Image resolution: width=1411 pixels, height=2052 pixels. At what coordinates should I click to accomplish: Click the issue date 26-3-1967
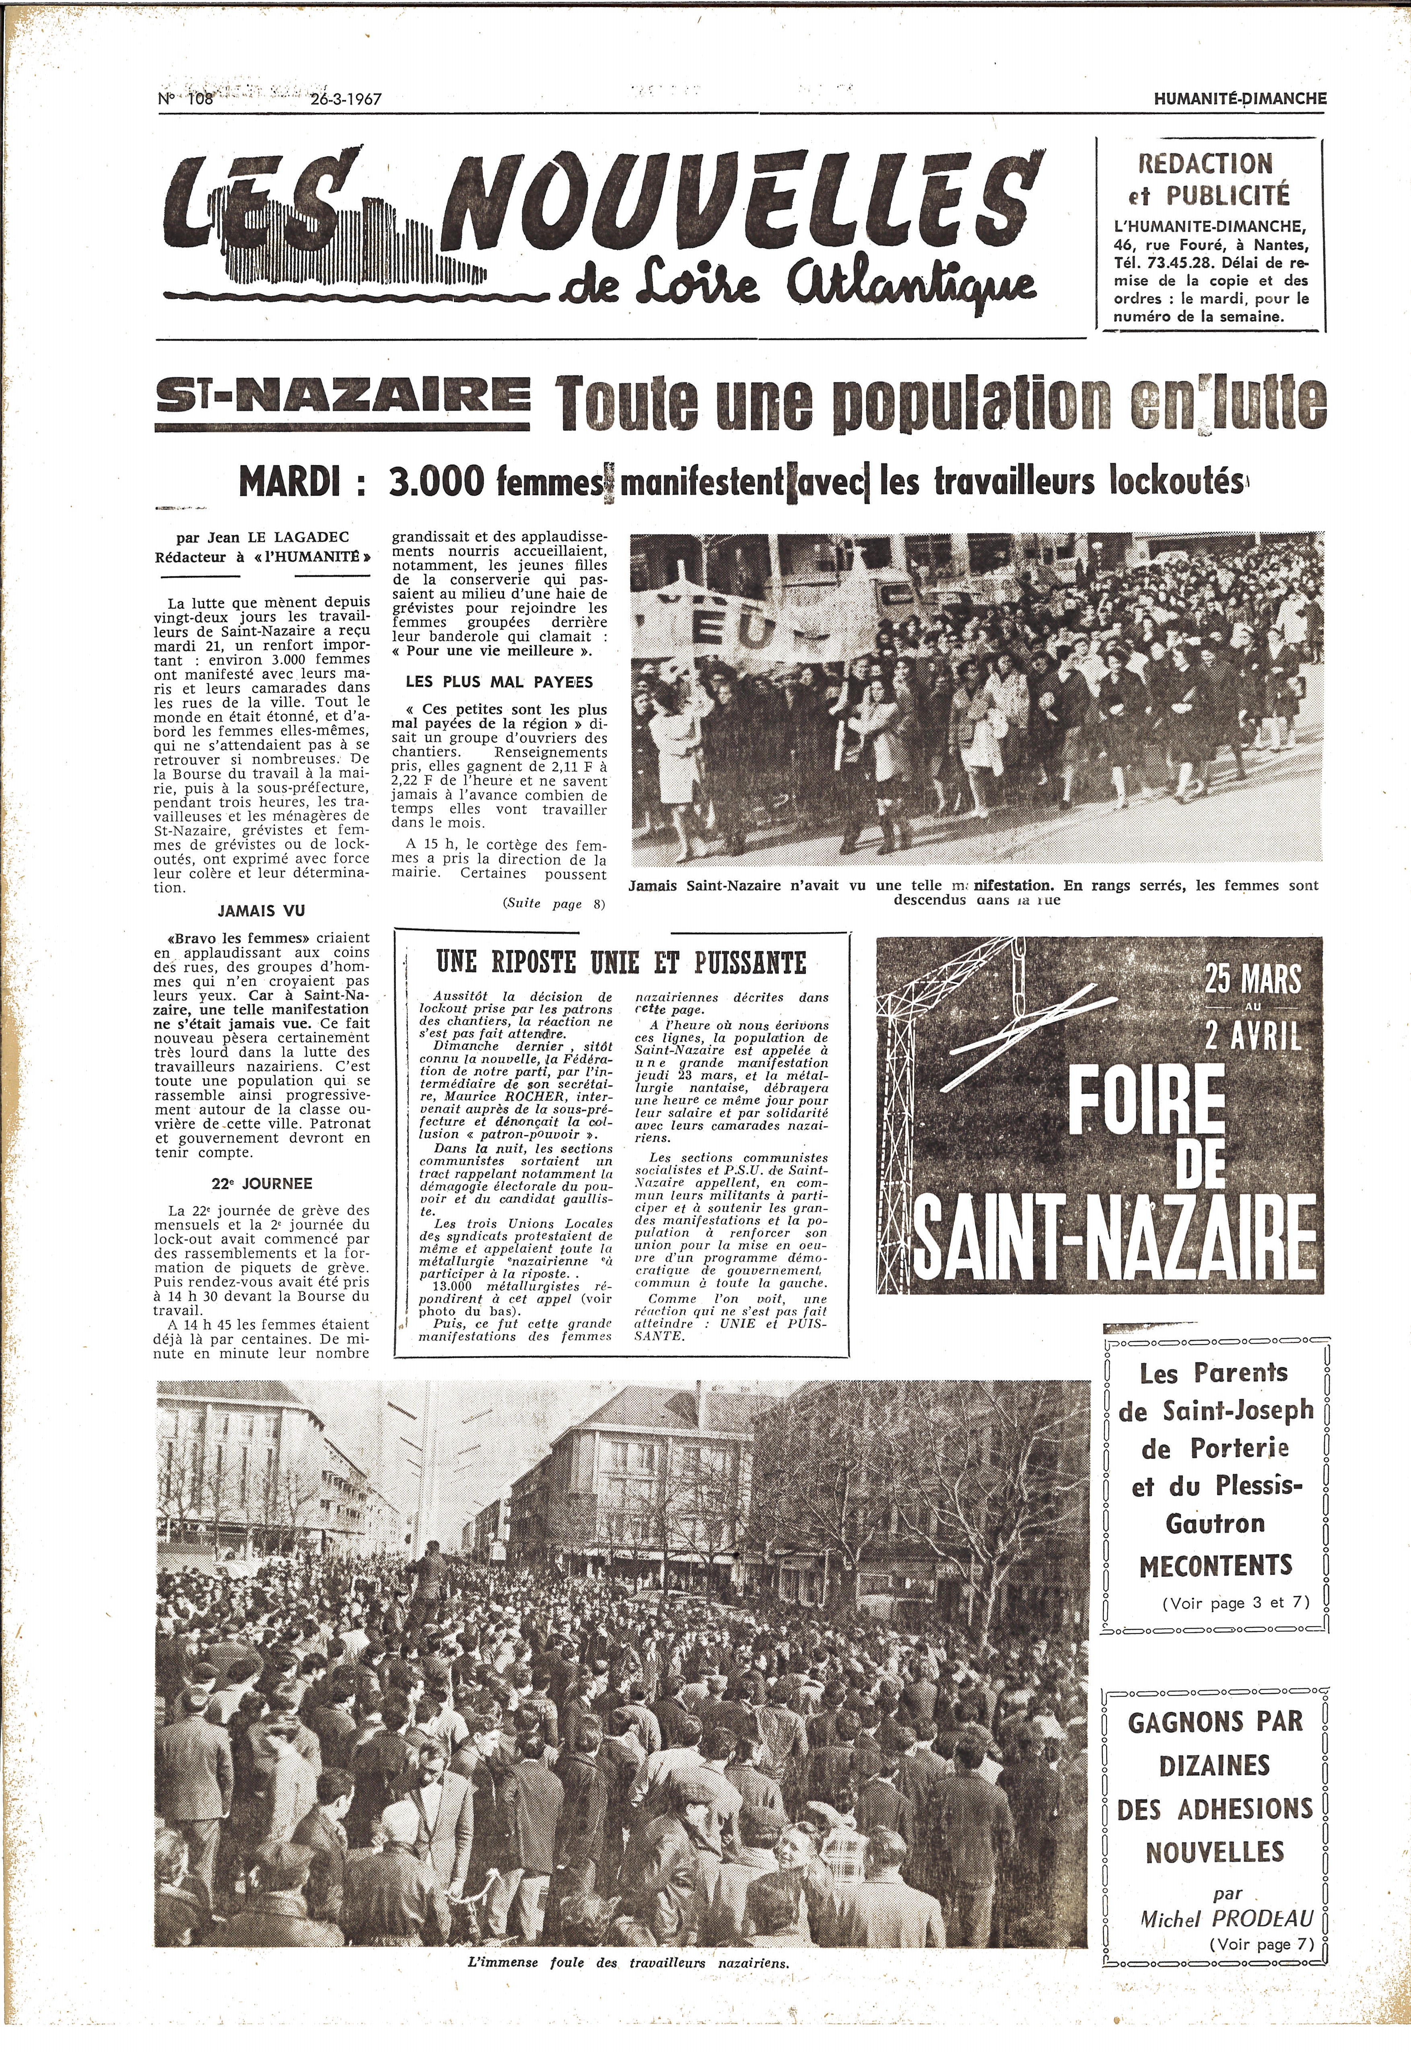346,99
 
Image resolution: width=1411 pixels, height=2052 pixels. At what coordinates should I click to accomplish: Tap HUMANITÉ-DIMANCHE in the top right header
1240,99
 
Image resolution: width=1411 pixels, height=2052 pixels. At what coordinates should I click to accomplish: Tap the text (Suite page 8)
554,903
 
